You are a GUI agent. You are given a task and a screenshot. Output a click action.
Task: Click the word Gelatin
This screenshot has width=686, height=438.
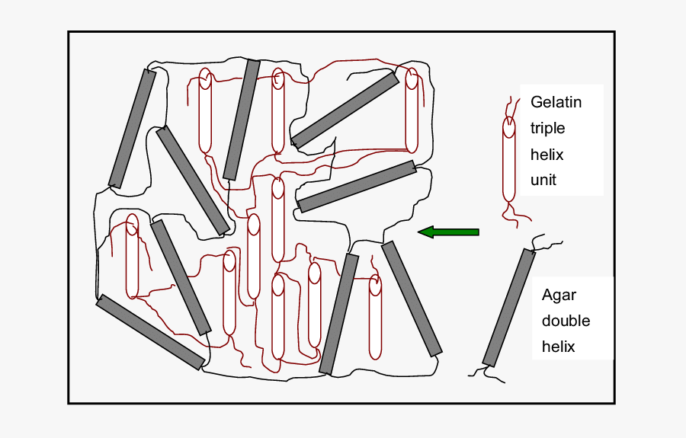tap(556, 102)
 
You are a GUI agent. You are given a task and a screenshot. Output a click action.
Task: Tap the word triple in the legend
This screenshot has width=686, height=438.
tap(547, 128)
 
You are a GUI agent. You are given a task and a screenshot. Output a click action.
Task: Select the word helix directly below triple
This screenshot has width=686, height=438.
tap(547, 154)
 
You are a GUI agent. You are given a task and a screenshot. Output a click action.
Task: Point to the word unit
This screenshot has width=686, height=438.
tap(543, 180)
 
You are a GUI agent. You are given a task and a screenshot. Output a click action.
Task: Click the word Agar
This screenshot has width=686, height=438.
tap(559, 295)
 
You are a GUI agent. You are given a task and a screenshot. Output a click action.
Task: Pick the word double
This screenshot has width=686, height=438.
tap(566, 321)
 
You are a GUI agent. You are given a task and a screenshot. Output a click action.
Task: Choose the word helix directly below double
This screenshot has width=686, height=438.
tap(558, 347)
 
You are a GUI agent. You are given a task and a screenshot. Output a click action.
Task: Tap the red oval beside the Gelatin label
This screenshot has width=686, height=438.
tap(508, 160)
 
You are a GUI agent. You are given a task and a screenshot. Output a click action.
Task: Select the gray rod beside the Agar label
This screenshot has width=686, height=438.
tap(509, 308)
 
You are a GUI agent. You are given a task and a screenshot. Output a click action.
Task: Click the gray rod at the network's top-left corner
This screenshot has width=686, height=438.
tap(133, 128)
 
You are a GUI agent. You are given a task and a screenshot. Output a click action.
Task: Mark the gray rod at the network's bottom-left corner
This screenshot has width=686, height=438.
tap(151, 332)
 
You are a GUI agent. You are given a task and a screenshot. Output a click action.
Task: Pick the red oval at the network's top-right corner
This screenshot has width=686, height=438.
tap(412, 110)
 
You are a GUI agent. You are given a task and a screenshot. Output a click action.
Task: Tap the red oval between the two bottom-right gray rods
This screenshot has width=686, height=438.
tap(375, 318)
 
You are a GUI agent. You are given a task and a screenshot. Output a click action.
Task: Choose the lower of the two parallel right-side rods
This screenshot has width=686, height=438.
tap(357, 187)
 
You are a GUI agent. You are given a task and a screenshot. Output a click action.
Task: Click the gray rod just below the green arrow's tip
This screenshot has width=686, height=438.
tap(412, 299)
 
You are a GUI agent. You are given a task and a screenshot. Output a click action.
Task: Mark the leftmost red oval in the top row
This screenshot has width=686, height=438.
tap(205, 111)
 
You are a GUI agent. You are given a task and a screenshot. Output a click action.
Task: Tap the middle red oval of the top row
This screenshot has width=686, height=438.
tap(278, 111)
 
